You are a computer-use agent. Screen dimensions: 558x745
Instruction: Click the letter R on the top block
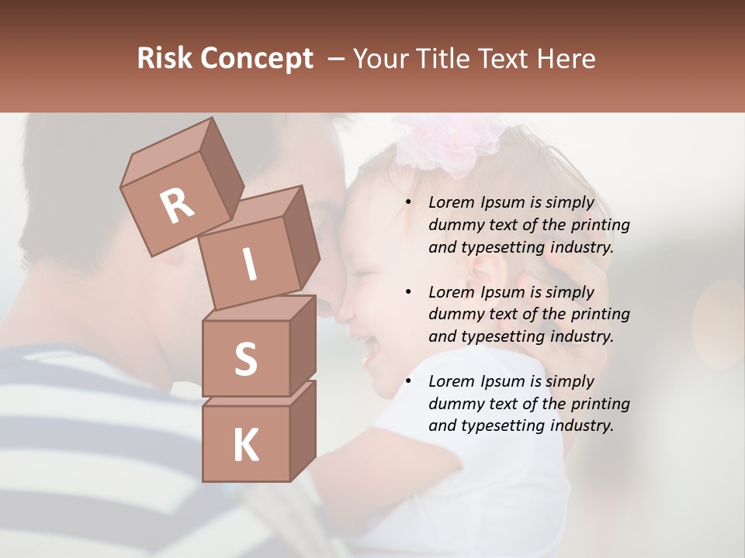[177, 205]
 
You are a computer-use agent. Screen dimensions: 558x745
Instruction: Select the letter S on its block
[245, 359]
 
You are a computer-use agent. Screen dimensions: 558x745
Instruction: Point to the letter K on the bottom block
[245, 446]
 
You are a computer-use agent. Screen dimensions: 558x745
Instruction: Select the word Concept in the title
[257, 58]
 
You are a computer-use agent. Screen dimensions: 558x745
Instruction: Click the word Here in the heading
[563, 58]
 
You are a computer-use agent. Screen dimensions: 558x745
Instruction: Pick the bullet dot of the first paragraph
[409, 202]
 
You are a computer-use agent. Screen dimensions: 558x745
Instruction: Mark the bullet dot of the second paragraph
[409, 292]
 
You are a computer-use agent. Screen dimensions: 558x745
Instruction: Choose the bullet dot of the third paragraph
[409, 381]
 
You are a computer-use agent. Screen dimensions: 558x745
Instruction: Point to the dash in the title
[337, 58]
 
